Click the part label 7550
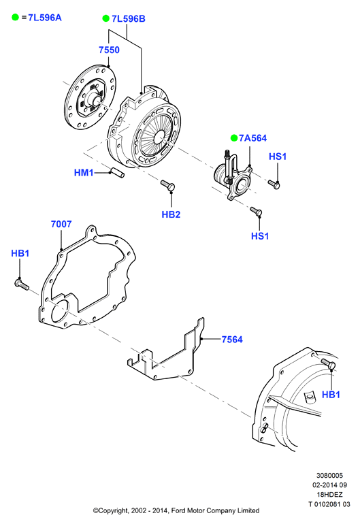(x=109, y=50)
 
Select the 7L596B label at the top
(x=129, y=19)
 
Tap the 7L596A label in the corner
(x=45, y=18)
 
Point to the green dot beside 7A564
(x=234, y=137)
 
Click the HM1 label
(x=84, y=172)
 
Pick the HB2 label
(x=171, y=214)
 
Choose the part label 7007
(x=61, y=224)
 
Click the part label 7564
(x=232, y=340)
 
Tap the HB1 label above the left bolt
(x=20, y=253)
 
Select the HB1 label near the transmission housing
(x=331, y=394)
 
